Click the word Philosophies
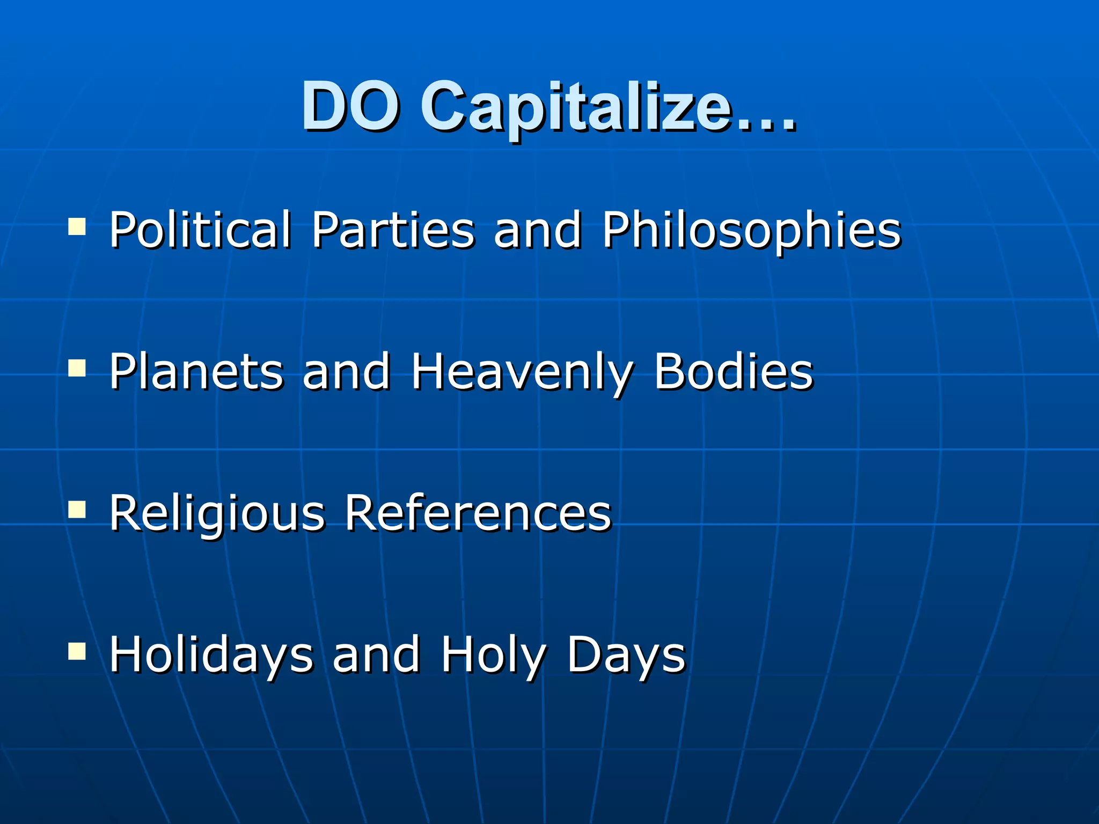click(x=751, y=231)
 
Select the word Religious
click(x=217, y=514)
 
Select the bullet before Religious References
click(x=77, y=510)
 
